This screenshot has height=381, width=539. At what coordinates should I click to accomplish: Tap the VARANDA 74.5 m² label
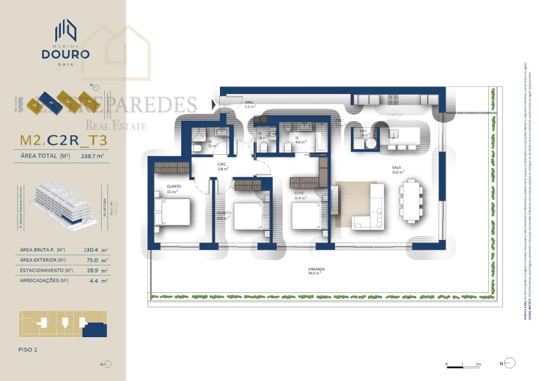click(x=312, y=271)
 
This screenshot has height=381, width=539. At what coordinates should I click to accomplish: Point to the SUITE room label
click(x=299, y=194)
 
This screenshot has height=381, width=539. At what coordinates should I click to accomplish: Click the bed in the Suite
click(x=308, y=215)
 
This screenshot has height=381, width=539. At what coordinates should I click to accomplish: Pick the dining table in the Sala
click(x=412, y=199)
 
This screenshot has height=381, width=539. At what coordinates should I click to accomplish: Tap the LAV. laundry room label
click(x=364, y=132)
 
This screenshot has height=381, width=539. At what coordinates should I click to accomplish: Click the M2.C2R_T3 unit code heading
click(x=63, y=140)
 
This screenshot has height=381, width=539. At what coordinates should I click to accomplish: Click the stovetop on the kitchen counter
click(x=393, y=99)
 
